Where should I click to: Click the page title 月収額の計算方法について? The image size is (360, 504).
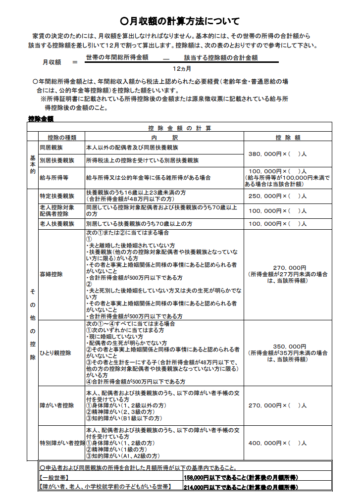[x=180, y=21]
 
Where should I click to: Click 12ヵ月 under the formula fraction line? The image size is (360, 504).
[x=182, y=68]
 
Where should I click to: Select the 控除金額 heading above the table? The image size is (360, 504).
[x=41, y=119]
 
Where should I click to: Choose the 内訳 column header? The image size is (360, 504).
[x=164, y=137]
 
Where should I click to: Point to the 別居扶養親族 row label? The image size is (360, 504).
[x=56, y=160]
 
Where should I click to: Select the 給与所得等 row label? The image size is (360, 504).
[x=54, y=177]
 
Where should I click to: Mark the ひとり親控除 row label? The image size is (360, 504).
[x=55, y=353]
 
